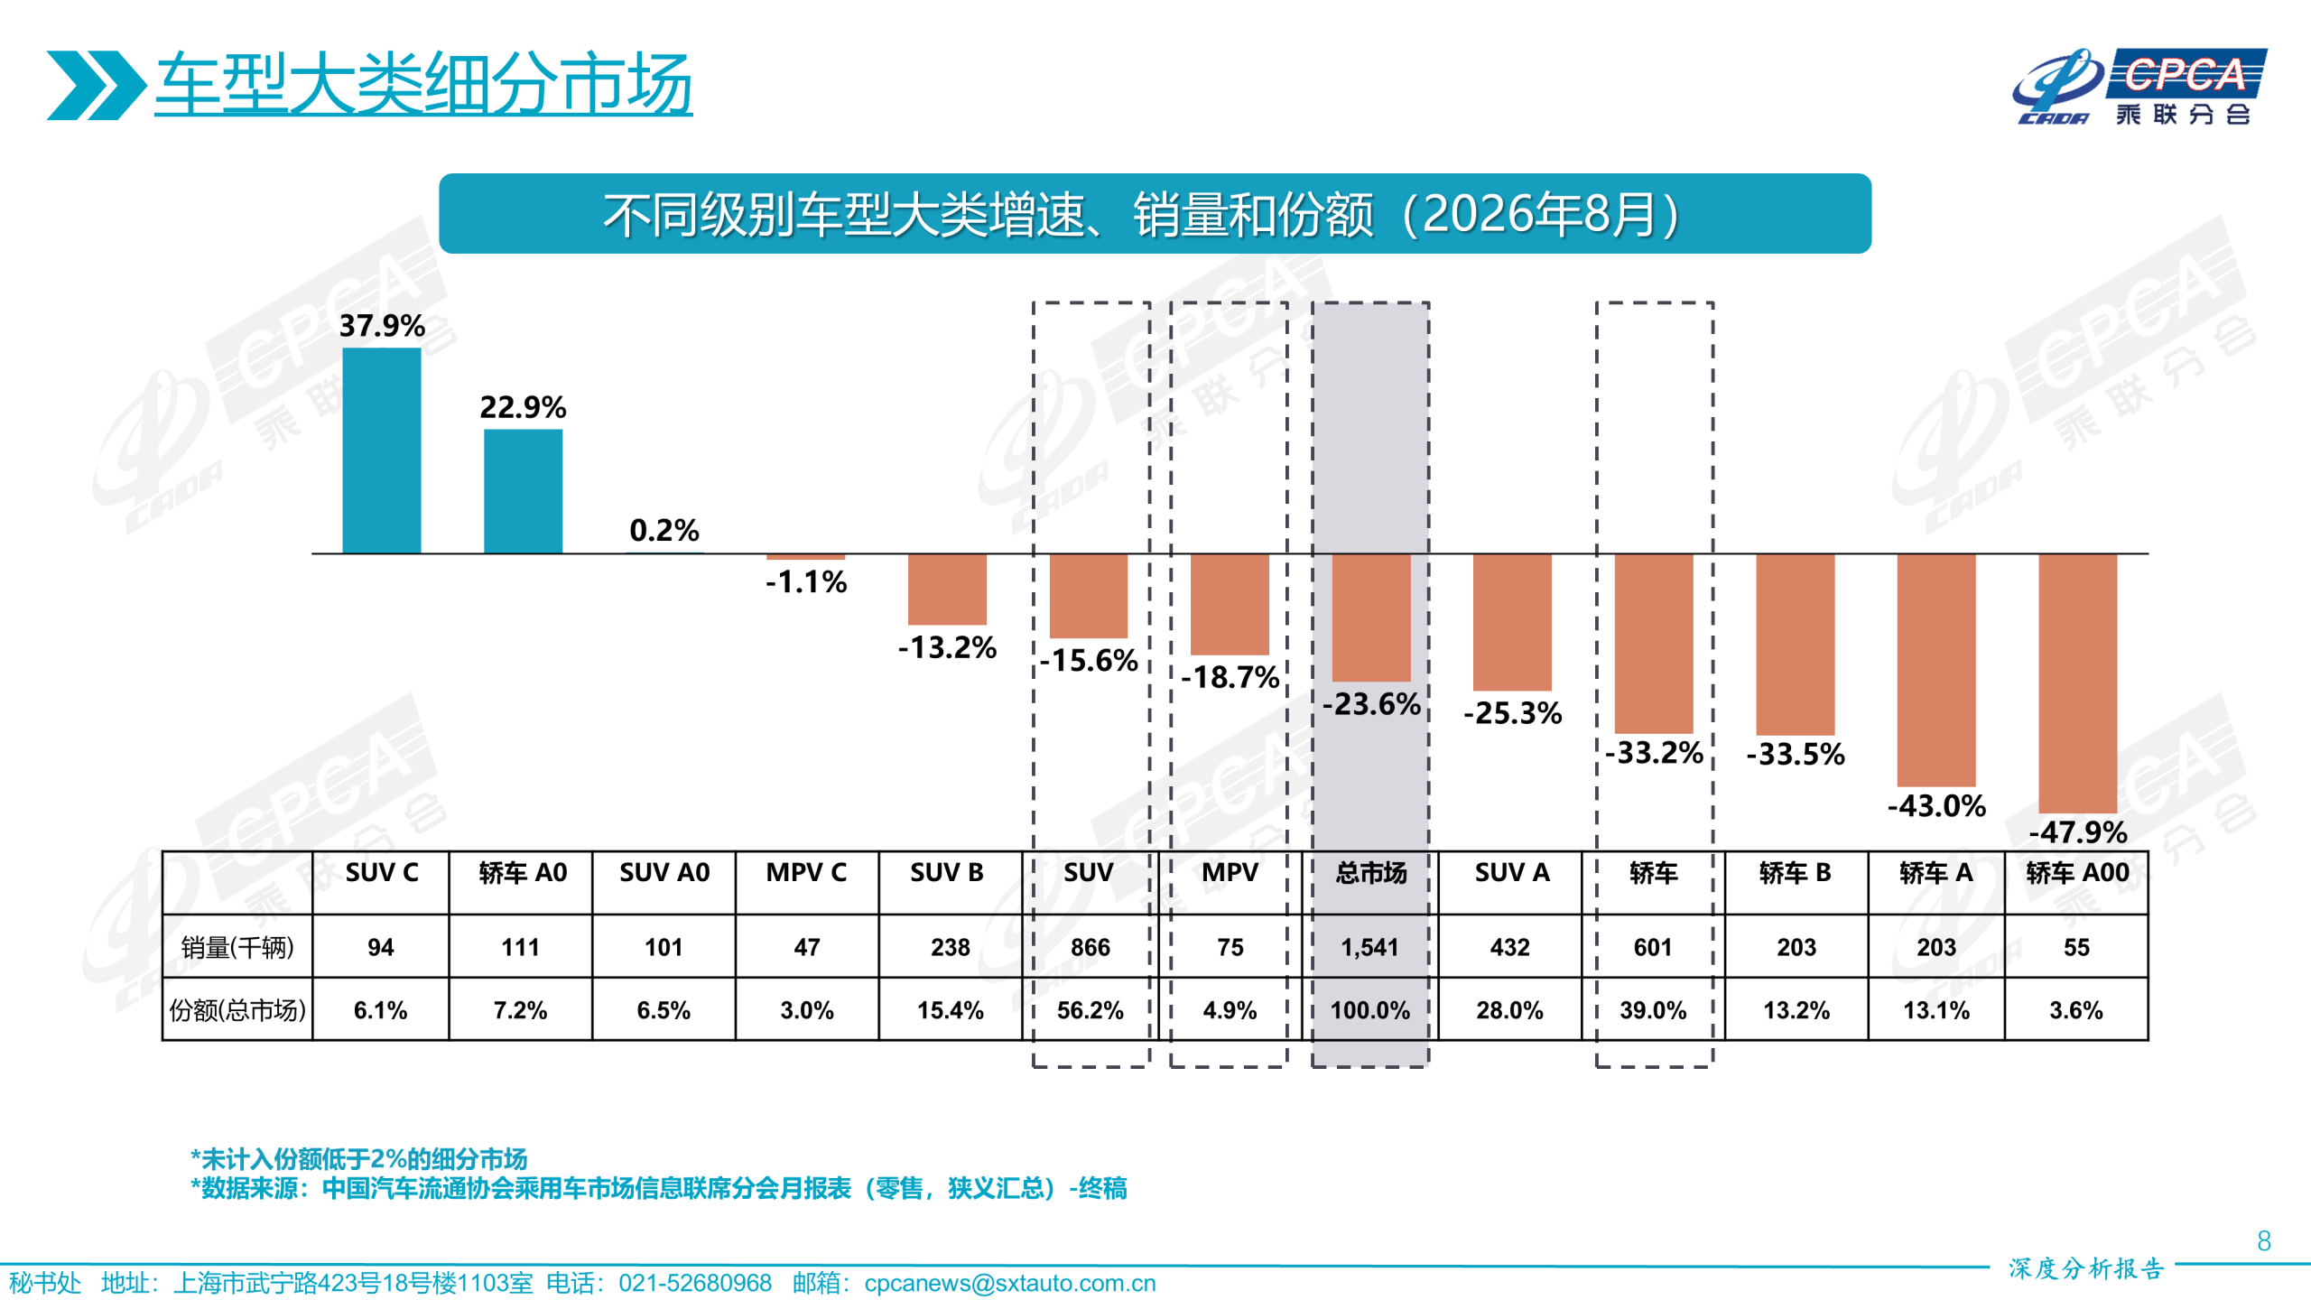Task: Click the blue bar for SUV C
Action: (381, 450)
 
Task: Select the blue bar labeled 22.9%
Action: (523, 491)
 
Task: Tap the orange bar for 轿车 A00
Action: (2077, 683)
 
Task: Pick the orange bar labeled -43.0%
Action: (1935, 670)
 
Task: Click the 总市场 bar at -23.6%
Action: (1370, 617)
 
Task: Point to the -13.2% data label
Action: (947, 647)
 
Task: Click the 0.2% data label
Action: (664, 530)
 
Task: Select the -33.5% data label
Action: (1795, 754)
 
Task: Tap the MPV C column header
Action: (806, 872)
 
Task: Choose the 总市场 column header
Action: (1370, 872)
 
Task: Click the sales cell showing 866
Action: (1090, 947)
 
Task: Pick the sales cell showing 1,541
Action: (1369, 947)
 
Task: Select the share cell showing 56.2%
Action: (1090, 1010)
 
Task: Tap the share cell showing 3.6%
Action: (2075, 1010)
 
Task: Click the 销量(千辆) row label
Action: (237, 947)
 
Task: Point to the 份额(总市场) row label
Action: (237, 1010)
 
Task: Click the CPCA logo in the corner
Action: (2139, 87)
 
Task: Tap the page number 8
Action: (2263, 1241)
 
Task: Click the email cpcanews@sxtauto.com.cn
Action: (1009, 1283)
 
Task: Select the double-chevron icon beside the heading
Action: (97, 85)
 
